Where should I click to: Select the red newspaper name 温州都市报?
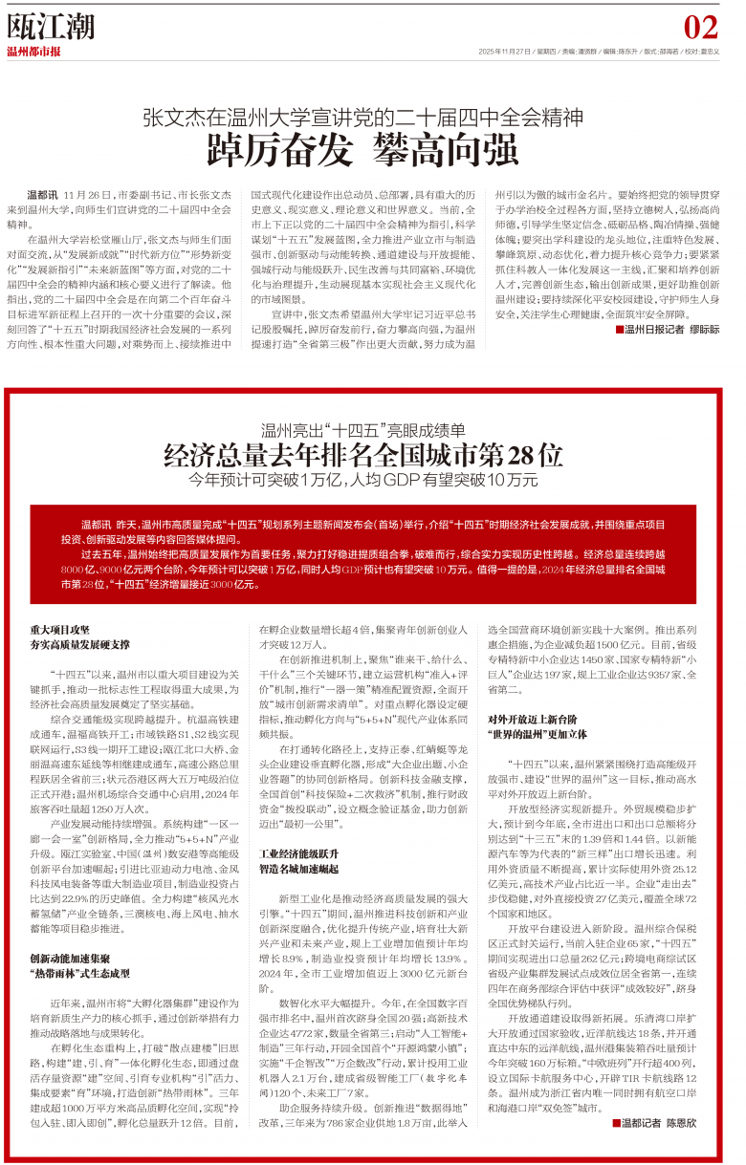click(34, 52)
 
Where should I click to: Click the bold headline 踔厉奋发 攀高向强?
click(372, 151)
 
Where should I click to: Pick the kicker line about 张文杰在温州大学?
click(372, 118)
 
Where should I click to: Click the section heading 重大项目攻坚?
click(60, 630)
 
